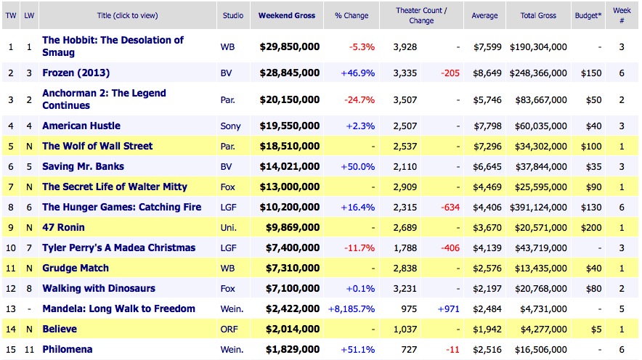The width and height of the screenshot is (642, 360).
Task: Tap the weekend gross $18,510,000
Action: (x=289, y=146)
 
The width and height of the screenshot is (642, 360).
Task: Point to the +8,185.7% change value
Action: (x=352, y=308)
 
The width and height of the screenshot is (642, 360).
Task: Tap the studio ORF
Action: (x=229, y=329)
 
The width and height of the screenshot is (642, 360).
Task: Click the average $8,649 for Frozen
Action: (x=484, y=73)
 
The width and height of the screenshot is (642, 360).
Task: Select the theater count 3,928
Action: (x=405, y=47)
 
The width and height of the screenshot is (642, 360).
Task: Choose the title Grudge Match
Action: (x=75, y=268)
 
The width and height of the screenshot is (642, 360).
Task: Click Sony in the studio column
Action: (x=230, y=126)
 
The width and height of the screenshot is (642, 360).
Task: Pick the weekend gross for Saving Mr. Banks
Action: (x=289, y=166)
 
